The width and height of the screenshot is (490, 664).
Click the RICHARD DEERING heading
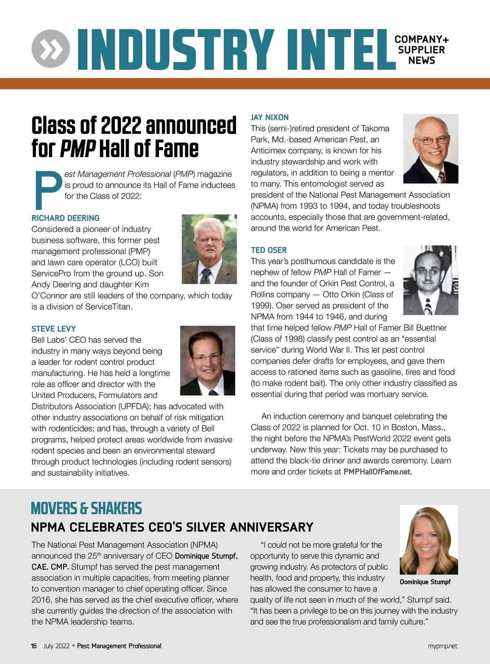(65, 218)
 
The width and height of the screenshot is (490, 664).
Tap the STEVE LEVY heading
(53, 329)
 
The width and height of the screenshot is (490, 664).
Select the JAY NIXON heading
(269, 118)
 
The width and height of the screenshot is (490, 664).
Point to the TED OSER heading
(269, 250)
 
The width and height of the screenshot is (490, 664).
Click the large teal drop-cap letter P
(47, 189)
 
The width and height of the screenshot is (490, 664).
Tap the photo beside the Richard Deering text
(209, 249)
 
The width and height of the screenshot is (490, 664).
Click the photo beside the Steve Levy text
(207, 360)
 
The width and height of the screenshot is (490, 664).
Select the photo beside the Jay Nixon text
(430, 149)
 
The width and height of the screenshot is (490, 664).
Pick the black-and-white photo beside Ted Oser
(430, 280)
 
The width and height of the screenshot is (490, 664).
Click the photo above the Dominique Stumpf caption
(429, 539)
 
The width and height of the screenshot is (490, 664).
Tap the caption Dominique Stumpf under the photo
(425, 582)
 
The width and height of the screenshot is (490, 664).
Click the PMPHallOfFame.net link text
(378, 472)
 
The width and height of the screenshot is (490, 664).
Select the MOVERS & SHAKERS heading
(86, 508)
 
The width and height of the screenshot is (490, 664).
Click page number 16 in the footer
(34, 646)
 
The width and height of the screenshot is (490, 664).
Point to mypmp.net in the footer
(443, 646)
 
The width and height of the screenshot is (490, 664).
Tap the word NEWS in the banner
(422, 61)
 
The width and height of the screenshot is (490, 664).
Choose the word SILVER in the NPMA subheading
(207, 527)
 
